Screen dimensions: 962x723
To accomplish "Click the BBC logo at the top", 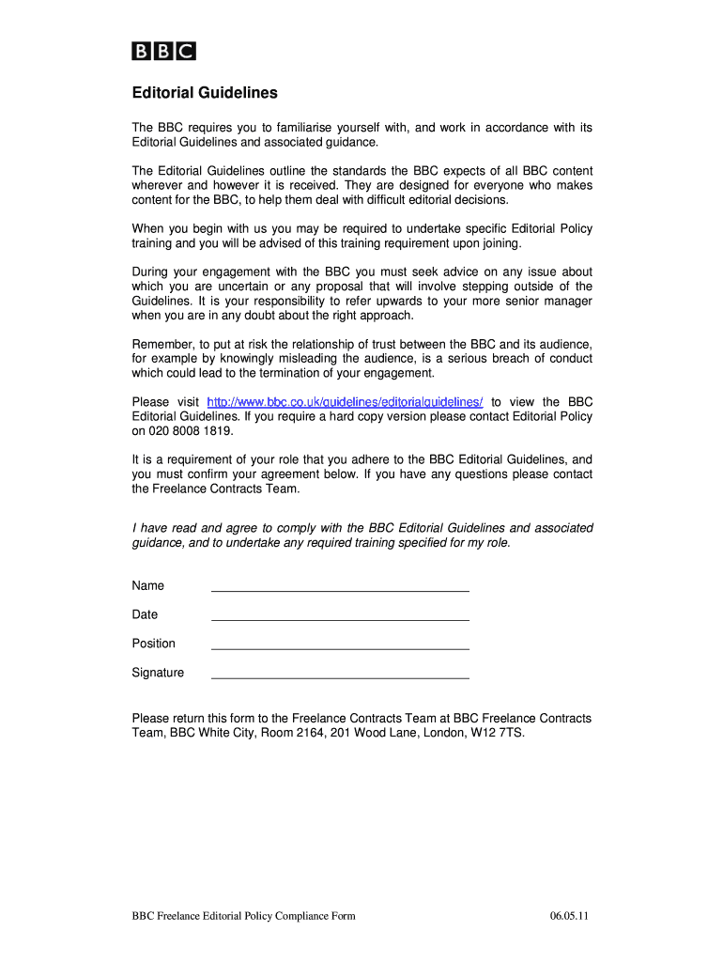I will [162, 52].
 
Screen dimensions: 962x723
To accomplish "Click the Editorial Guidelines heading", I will [204, 94].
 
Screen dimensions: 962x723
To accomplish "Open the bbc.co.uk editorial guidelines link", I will [344, 401].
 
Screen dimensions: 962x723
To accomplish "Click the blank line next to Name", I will [340, 586].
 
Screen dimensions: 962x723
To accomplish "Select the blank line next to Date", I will [340, 615].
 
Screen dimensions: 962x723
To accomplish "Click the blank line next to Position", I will [340, 644].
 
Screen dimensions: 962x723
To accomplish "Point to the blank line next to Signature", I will [340, 674].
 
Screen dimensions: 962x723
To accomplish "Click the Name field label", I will [148, 586].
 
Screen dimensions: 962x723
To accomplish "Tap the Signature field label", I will [158, 673].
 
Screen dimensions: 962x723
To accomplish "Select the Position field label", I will [154, 644].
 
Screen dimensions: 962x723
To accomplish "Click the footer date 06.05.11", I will [571, 917].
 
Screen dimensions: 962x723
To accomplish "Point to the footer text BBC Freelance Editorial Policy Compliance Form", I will [244, 917].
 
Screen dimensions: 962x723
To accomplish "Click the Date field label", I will [146, 614].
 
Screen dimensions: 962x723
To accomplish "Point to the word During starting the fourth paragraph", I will [152, 272].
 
